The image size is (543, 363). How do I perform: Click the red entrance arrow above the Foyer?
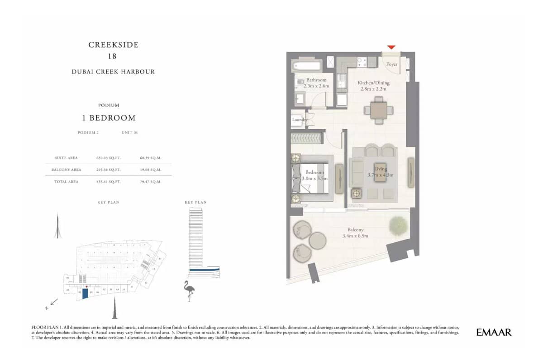[x=391, y=47]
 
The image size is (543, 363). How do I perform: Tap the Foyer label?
[x=392, y=64]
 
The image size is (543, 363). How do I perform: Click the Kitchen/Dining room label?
[x=373, y=83]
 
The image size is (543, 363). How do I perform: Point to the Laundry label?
[x=299, y=120]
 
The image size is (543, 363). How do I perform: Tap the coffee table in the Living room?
[x=381, y=174]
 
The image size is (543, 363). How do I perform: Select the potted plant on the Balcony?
[x=398, y=225]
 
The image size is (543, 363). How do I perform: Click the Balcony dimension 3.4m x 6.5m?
[x=355, y=236]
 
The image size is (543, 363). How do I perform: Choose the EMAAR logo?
[x=494, y=332]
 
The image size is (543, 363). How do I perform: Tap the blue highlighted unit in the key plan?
[x=85, y=294]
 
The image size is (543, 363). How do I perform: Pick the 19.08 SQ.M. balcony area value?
[x=151, y=170]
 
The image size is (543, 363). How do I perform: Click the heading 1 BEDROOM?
[x=109, y=118]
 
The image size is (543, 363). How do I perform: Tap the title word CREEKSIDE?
[x=113, y=45]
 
